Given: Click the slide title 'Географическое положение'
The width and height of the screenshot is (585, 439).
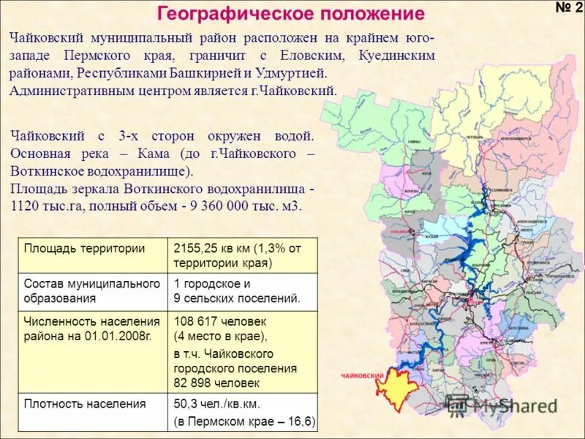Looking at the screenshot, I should (x=290, y=14).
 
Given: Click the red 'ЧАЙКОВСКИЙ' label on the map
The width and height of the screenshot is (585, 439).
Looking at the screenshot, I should (x=363, y=375).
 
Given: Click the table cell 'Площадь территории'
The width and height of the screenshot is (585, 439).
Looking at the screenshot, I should (x=84, y=248).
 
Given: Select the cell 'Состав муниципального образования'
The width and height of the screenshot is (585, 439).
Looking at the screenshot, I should (x=91, y=290).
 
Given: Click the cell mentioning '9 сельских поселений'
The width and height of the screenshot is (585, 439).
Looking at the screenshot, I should (x=236, y=299).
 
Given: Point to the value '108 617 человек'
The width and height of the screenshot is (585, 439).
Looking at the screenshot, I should (x=220, y=321).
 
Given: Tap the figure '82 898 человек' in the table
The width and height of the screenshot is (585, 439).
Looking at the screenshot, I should (x=216, y=383).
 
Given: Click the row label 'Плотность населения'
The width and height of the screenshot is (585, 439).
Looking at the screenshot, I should (x=85, y=403).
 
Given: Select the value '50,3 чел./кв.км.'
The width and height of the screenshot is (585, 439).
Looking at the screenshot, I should (x=217, y=403).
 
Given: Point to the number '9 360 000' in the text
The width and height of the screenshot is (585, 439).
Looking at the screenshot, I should (x=224, y=206).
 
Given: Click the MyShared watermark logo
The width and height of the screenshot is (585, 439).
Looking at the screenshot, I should (x=505, y=405).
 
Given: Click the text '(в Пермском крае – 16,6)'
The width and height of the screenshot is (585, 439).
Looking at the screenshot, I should (x=244, y=421).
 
